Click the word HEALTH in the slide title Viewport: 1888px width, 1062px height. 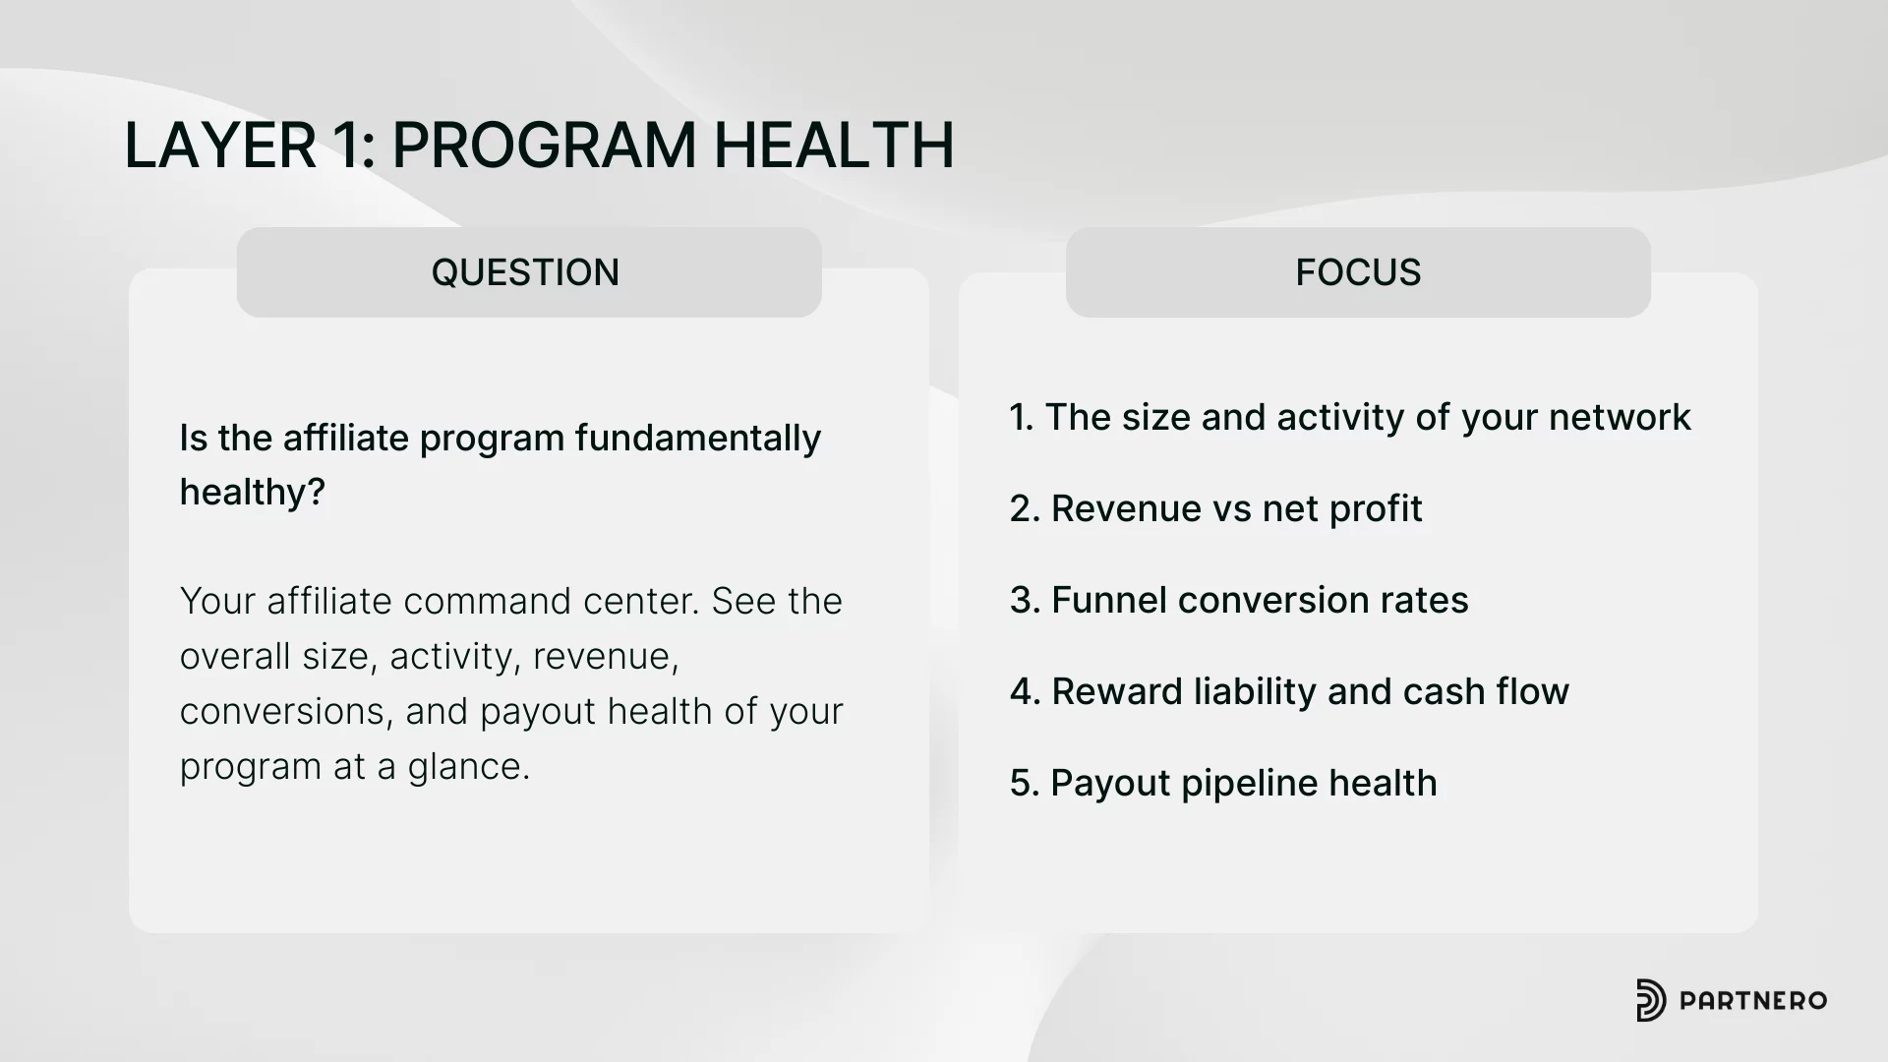834,146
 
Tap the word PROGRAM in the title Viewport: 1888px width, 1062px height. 545,146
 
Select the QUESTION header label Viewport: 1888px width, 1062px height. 525,272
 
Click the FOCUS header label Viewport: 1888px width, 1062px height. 1358,272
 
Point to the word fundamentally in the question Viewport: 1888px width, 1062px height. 698,439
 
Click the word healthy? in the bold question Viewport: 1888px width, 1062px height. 252,493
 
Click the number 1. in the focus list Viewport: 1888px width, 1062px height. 1022,418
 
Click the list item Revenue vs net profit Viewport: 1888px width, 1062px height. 1236,509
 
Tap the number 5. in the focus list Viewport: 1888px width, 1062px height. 1024,784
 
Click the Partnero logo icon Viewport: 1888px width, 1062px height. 1651,1001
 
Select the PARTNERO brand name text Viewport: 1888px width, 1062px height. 1753,1001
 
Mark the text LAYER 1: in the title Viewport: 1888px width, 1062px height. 250,146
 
